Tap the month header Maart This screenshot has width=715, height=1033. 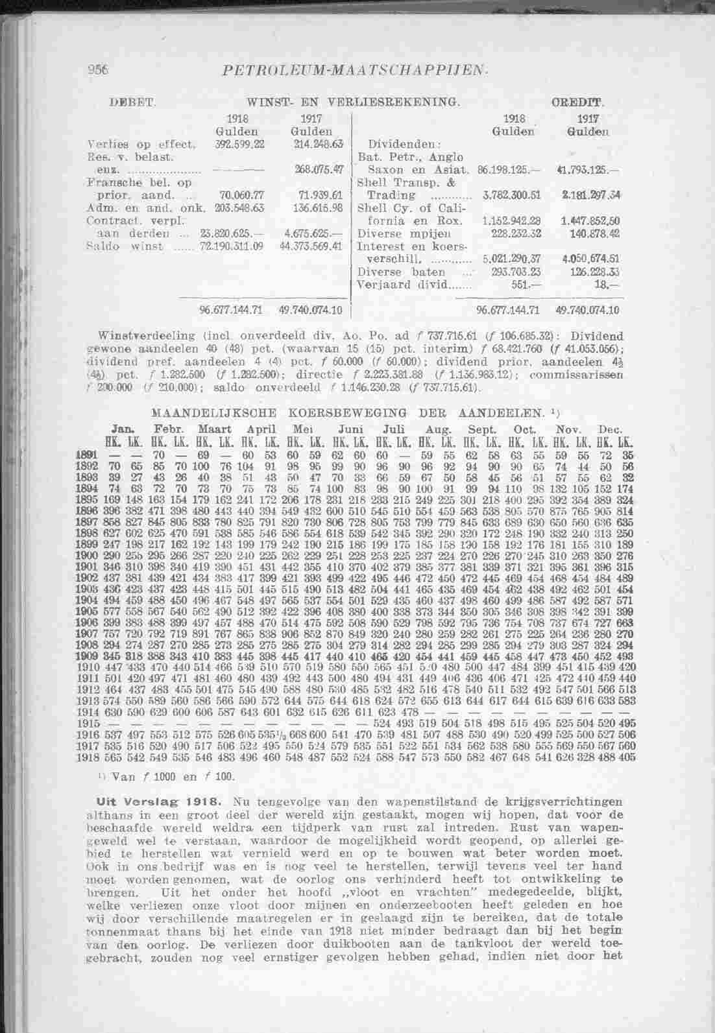point(217,430)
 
